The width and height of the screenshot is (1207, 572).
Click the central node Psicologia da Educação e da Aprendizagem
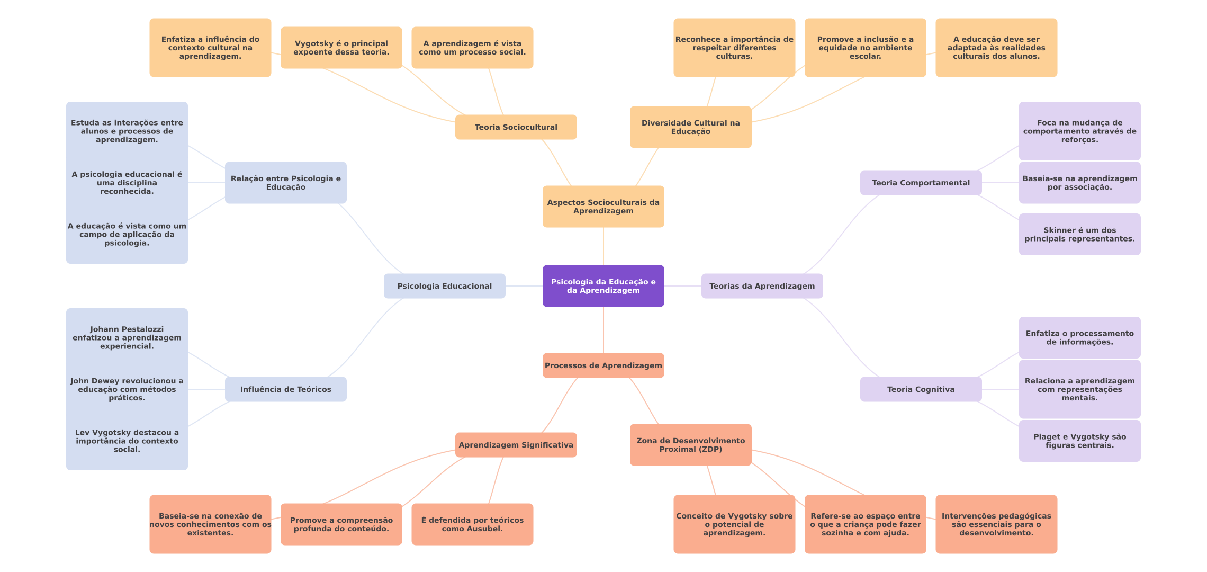(603, 286)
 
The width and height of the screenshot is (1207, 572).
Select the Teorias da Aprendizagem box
(762, 286)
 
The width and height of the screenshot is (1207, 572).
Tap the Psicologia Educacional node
(444, 286)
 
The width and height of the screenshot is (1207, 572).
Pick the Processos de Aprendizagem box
(603, 365)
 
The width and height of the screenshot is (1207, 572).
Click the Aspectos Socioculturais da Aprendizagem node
(603, 207)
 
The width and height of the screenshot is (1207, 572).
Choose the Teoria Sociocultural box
(516, 127)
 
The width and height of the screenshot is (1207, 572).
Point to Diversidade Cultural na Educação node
(690, 127)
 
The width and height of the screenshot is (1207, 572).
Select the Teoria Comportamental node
(921, 183)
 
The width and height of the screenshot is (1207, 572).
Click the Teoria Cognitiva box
(921, 389)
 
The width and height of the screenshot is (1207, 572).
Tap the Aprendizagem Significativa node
(516, 445)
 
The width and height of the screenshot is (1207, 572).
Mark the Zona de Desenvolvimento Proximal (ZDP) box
(690, 445)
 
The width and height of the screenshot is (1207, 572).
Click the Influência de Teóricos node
(285, 389)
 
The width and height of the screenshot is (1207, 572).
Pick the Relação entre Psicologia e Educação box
(285, 183)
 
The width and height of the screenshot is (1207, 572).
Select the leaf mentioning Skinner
(1079, 234)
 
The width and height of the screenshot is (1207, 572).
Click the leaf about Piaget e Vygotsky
(1079, 441)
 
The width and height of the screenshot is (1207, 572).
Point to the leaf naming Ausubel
(472, 524)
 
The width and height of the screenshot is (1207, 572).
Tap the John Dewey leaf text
(127, 389)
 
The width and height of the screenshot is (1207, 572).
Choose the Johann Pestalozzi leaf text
(127, 337)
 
